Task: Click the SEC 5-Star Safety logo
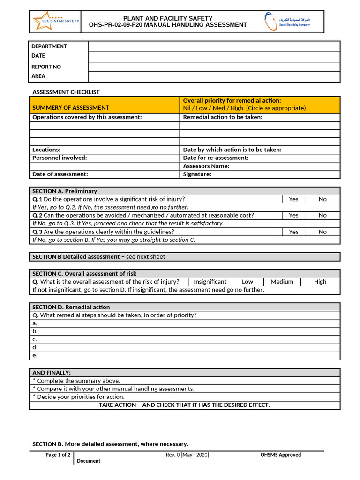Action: pos(55,22)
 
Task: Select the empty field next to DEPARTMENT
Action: pos(214,46)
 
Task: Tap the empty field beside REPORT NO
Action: pos(214,67)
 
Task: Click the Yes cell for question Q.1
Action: pos(293,199)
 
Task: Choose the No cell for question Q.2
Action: pos(322,215)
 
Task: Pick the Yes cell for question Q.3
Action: pos(293,232)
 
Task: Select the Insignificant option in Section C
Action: pos(210,282)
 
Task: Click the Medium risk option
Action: pos(282,282)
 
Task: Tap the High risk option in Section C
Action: pos(320,282)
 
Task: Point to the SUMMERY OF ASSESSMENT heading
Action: pos(70,108)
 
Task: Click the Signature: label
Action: pos(197,174)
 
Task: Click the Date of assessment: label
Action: pos(60,174)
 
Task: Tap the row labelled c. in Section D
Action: pos(184,339)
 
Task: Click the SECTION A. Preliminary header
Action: pos(65,191)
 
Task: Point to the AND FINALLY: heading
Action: pos(52,373)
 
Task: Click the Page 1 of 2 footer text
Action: pos(58,455)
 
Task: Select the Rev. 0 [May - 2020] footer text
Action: pos(187,455)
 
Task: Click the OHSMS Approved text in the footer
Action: pos(281,455)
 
